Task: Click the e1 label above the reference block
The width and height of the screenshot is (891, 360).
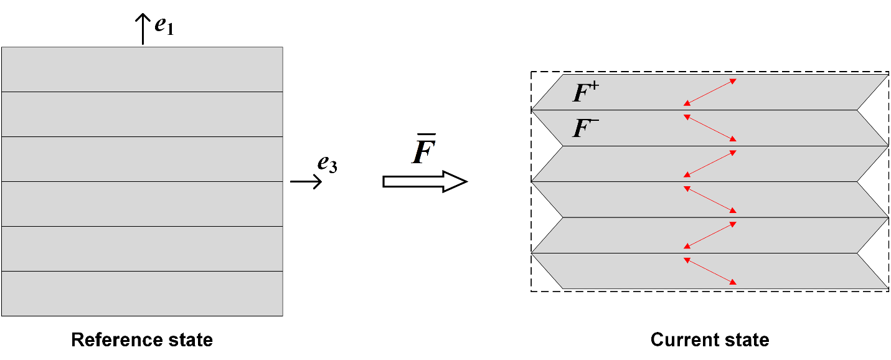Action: (164, 26)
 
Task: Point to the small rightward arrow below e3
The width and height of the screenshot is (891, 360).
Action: (306, 181)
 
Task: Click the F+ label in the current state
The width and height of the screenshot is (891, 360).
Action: (586, 93)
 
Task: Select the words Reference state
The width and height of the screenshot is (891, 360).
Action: (142, 340)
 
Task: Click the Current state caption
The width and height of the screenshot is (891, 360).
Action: (710, 340)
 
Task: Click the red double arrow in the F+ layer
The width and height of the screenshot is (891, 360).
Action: (710, 92)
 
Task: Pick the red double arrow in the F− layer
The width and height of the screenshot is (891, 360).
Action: (710, 128)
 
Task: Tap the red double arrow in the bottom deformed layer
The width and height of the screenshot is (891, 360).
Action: (710, 271)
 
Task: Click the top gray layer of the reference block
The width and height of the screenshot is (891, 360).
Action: (142, 69)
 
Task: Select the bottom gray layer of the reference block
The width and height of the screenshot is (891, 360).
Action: (142, 293)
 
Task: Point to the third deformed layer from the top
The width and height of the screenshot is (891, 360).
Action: (710, 164)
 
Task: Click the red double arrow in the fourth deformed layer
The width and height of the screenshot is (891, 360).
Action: (710, 199)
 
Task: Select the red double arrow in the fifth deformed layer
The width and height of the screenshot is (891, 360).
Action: (710, 235)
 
